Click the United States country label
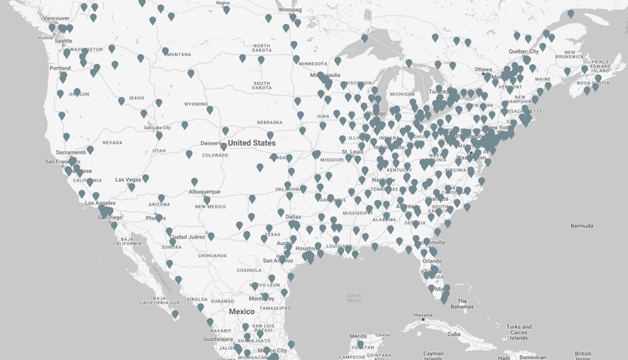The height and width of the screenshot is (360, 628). [251, 143]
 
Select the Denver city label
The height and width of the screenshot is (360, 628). [211, 143]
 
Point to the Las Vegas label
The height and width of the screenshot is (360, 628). [128, 179]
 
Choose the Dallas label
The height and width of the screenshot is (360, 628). [293, 217]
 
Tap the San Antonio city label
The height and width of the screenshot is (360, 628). [276, 260]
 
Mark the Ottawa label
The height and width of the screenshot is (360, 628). [483, 69]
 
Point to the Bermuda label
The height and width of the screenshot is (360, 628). [581, 226]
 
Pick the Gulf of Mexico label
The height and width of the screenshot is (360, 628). [354, 297]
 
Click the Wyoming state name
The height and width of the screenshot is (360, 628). [196, 105]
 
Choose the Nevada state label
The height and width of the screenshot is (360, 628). [111, 142]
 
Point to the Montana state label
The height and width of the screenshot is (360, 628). [178, 54]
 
